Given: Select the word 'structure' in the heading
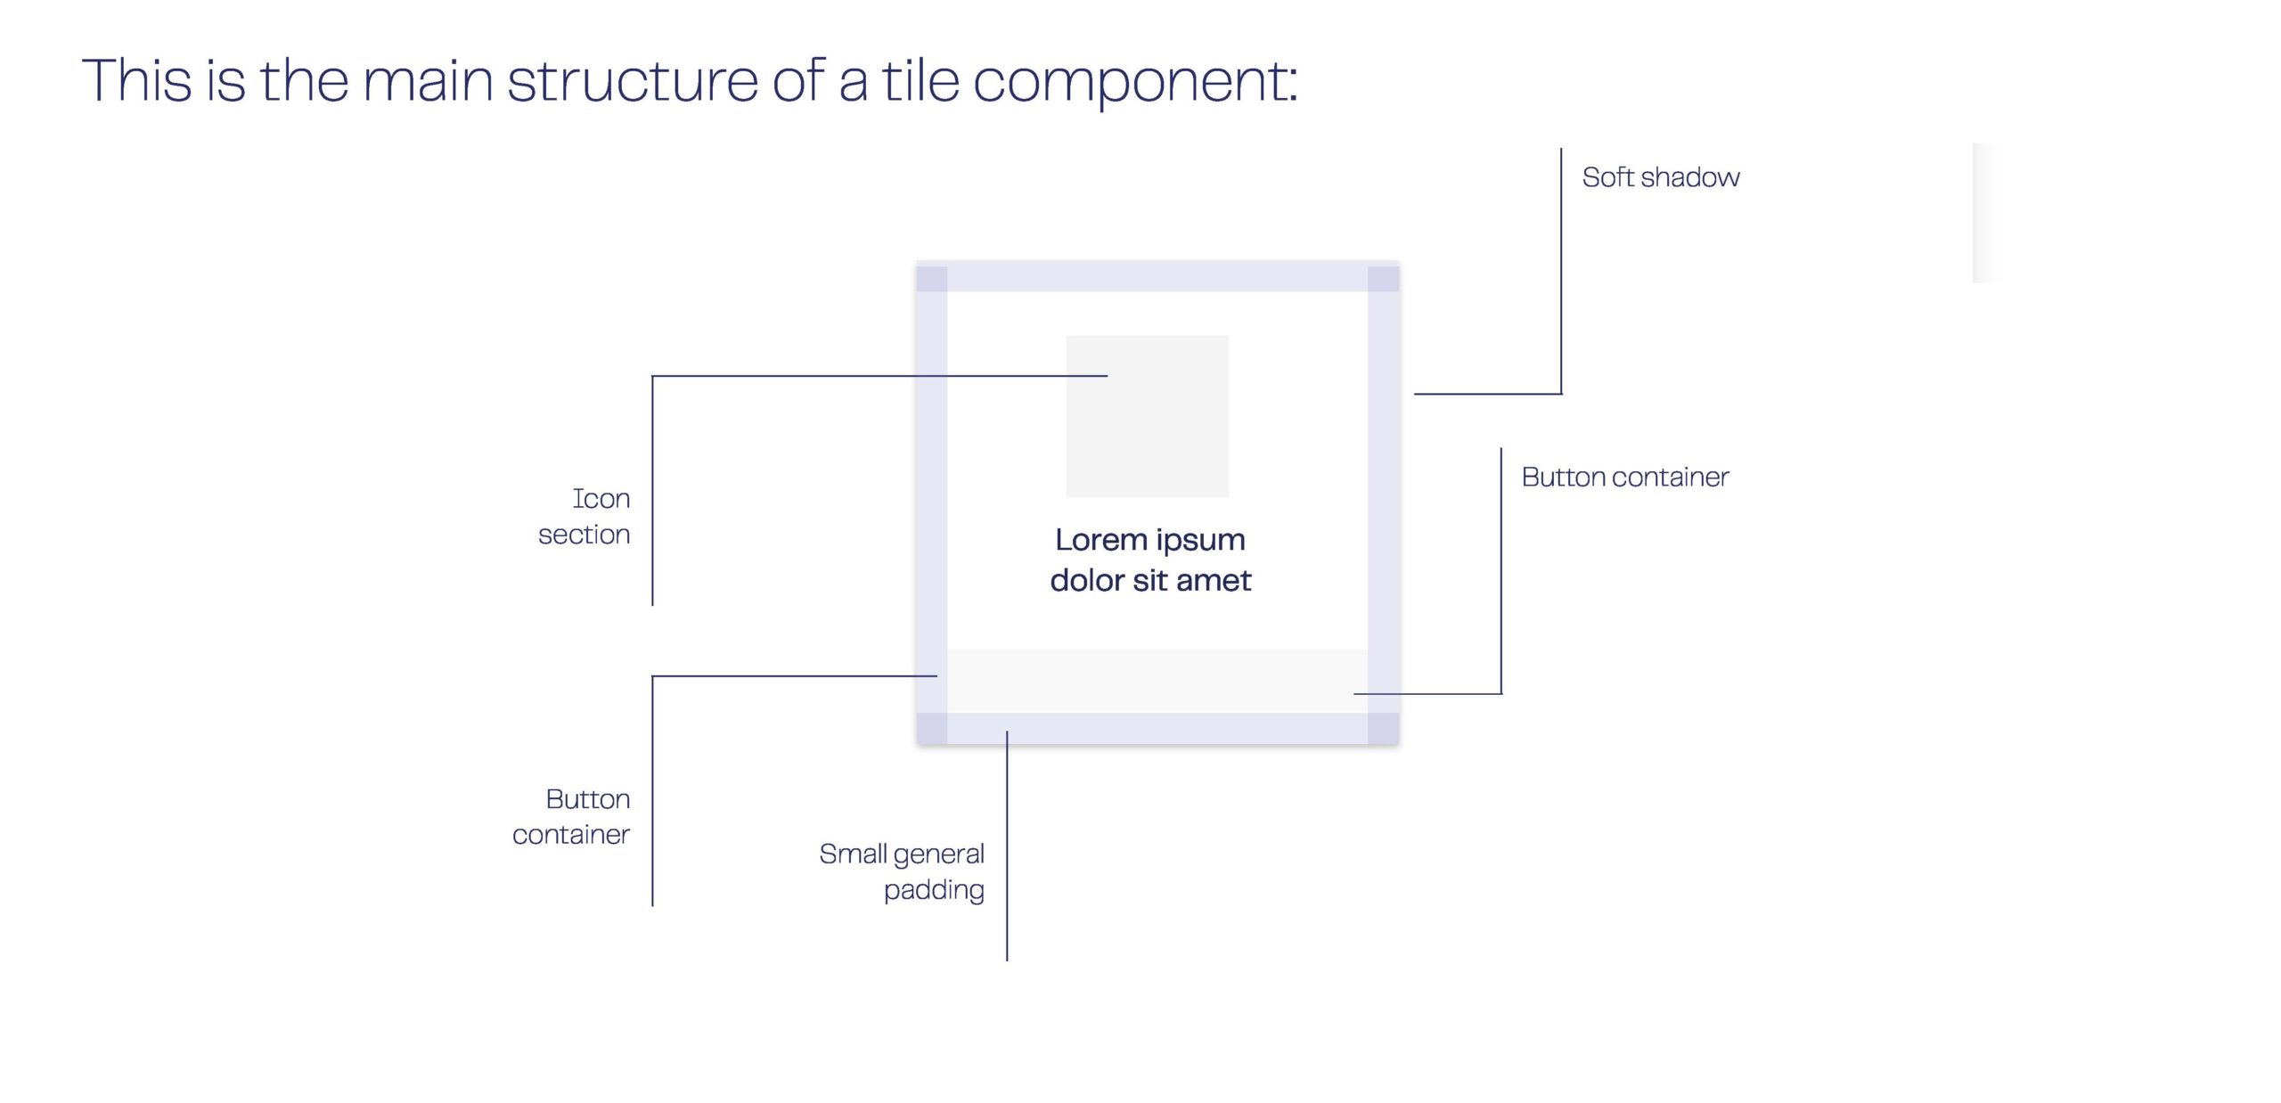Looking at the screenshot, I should tap(633, 80).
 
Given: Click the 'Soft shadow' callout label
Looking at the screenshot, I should tap(1660, 177).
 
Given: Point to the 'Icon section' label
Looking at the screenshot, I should tap(585, 516).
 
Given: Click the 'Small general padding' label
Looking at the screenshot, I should tap(902, 871).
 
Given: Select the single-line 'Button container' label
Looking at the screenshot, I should tap(1624, 478).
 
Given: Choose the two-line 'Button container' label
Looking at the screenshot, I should tap(572, 816).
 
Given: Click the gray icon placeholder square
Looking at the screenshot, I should tap(1147, 416).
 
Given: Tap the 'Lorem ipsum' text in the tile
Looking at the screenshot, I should tap(1149, 540).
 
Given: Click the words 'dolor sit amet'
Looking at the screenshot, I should tap(1150, 581).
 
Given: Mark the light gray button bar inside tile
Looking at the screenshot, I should tap(1157, 681).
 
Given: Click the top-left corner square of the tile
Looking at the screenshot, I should tap(932, 278).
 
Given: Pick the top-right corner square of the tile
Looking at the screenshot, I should tap(1383, 278).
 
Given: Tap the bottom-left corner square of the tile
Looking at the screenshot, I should tap(932, 728).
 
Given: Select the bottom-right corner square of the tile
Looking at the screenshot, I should tap(1383, 728).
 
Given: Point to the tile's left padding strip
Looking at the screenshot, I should tap(932, 499).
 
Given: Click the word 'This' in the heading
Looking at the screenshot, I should tap(136, 80).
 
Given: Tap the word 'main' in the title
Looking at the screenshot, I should tap(428, 80).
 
